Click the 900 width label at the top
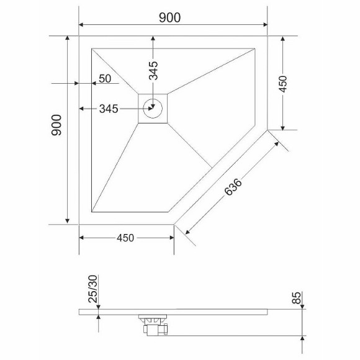click(169, 17)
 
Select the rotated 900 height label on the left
click(56, 127)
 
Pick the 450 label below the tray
click(126, 238)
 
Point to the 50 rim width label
click(104, 78)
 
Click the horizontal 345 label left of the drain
click(109, 109)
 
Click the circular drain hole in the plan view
click(153, 109)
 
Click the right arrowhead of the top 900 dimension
click(265, 25)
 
